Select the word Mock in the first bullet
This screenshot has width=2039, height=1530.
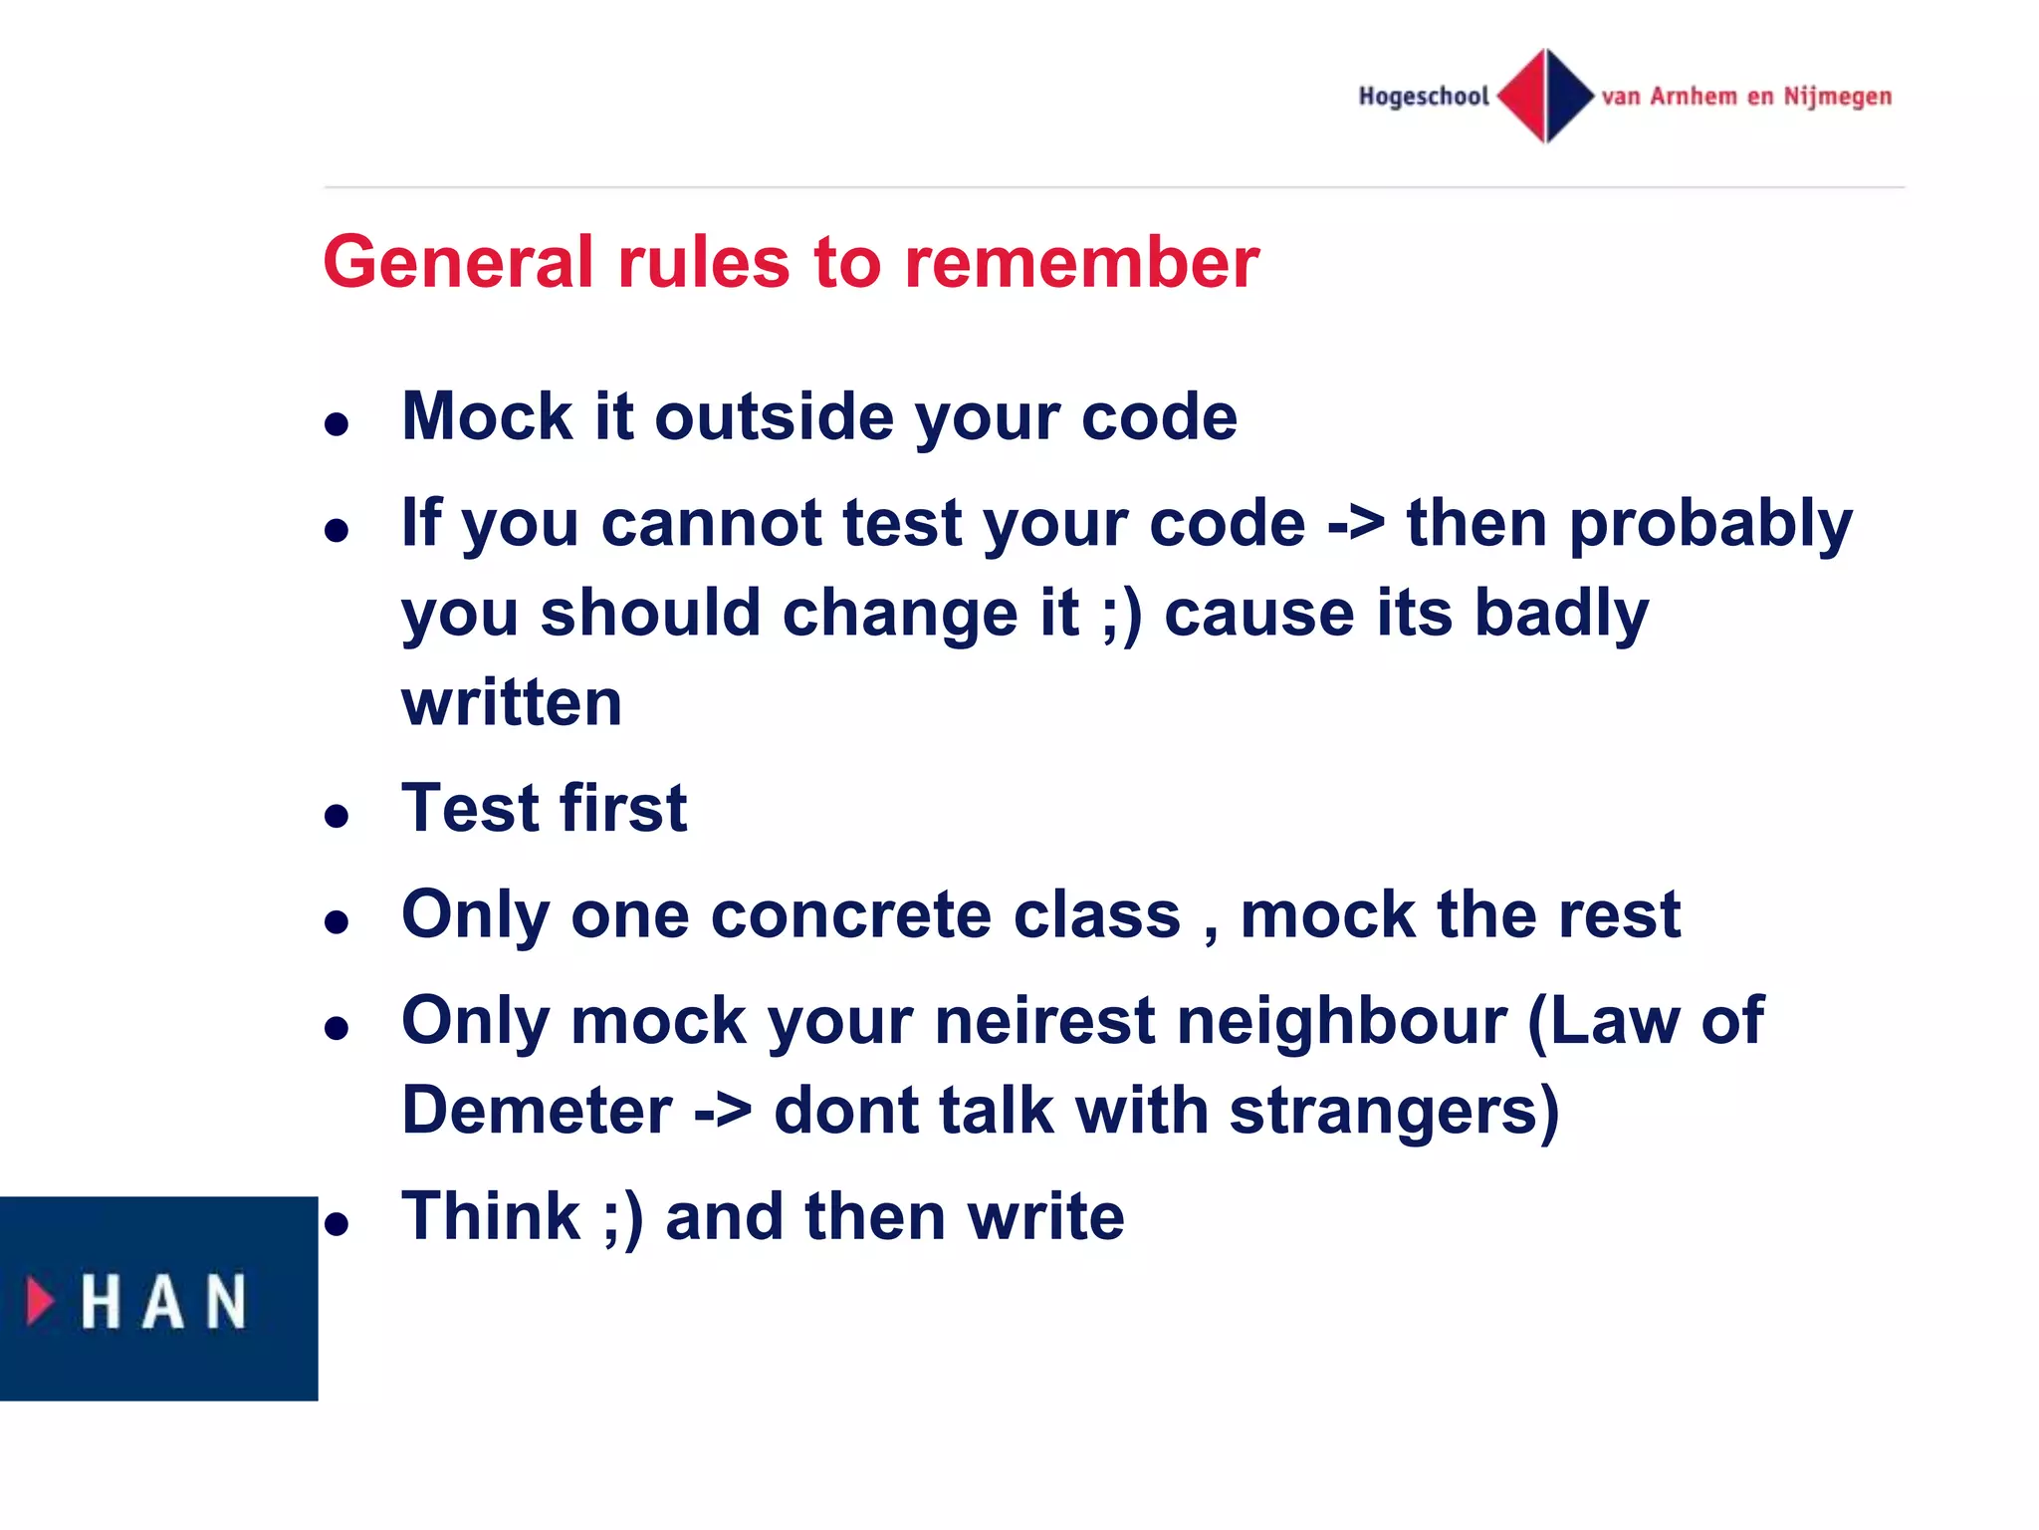[x=486, y=416]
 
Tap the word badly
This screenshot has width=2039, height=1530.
[x=1561, y=614]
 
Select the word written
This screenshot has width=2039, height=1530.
[x=512, y=703]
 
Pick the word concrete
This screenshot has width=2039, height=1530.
[x=851, y=915]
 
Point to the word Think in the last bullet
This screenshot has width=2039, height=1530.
[x=490, y=1217]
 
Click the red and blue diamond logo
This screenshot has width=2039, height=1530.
[x=1545, y=96]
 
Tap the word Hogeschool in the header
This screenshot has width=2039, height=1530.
[x=1423, y=97]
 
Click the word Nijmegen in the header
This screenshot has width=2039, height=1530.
[x=1837, y=97]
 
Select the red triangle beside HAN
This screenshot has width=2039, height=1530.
[x=40, y=1301]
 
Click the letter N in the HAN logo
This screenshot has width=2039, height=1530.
[x=225, y=1302]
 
